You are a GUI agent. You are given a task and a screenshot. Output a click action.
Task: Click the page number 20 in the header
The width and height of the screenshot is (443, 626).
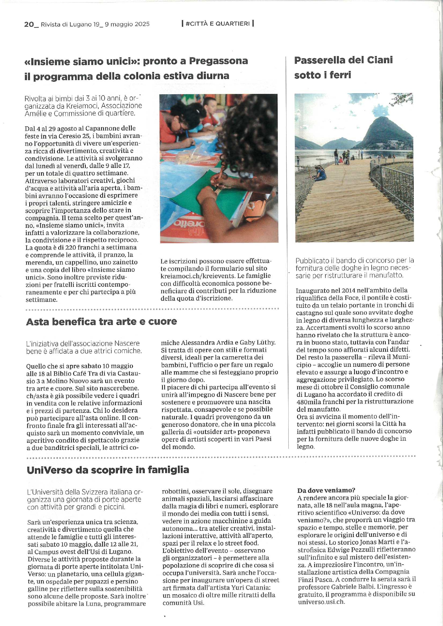[x=29, y=24]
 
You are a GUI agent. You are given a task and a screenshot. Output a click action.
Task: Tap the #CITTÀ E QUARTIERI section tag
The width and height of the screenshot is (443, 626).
[x=218, y=24]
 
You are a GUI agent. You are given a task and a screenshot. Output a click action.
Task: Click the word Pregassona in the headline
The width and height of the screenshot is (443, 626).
[x=218, y=61]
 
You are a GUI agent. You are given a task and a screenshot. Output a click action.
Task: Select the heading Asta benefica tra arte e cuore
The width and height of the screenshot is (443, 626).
[x=101, y=321]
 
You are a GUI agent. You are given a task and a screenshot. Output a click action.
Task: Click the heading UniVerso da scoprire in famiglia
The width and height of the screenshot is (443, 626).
[x=108, y=470]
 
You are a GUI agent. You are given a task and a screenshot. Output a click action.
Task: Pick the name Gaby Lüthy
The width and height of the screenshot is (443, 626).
[x=258, y=342]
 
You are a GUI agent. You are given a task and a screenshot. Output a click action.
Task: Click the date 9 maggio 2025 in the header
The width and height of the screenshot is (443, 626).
[x=127, y=24]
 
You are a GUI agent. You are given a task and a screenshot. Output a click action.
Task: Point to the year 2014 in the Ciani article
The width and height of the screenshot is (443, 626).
[x=349, y=290]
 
